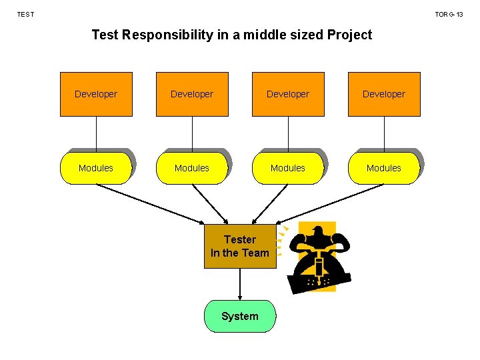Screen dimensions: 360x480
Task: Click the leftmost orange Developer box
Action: coord(96,94)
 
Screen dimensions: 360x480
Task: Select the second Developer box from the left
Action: coord(192,94)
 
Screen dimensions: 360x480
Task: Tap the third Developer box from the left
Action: coord(288,94)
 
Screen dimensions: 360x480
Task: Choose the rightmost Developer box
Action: coord(384,94)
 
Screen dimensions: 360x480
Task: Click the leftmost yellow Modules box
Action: coord(96,168)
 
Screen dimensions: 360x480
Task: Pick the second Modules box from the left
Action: coord(192,168)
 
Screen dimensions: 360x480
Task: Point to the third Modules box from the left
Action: coord(288,168)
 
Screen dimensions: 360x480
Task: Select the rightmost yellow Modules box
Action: coord(384,168)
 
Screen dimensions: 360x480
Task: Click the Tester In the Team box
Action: coord(239,246)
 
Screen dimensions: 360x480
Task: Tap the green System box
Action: coord(239,316)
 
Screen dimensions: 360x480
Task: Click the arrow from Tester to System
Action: coord(239,284)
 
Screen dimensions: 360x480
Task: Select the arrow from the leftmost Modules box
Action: coord(150,203)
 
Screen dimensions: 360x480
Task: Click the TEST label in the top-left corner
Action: coord(25,14)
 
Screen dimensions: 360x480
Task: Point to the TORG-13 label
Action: coord(449,14)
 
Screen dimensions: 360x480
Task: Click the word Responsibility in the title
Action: coord(167,35)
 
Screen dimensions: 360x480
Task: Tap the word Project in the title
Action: coord(349,35)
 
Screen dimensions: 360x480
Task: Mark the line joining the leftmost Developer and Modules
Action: coord(96,133)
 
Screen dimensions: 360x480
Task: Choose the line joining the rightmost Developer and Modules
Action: coord(384,133)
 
